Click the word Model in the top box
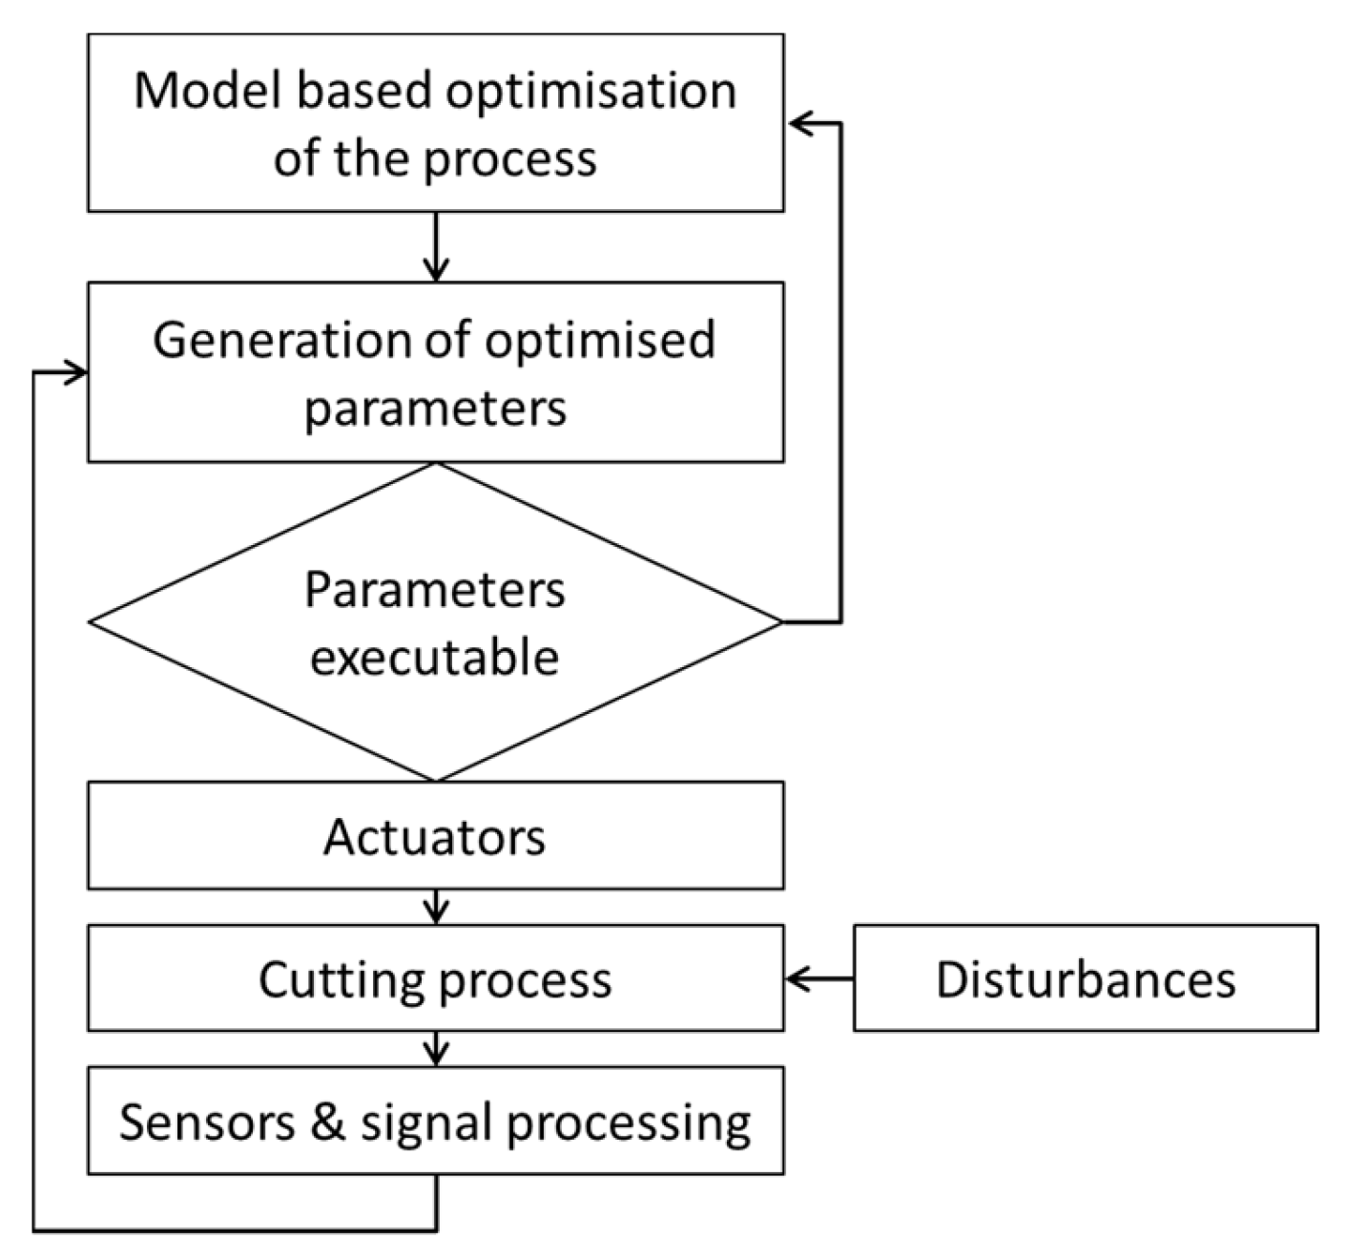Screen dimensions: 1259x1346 tap(209, 91)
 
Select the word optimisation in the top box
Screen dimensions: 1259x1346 tap(591, 93)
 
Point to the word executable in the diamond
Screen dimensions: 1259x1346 tap(435, 658)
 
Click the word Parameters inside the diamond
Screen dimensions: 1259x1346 tap(435, 591)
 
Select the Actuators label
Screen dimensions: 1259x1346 tap(435, 837)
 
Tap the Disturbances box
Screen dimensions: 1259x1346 tap(1086, 978)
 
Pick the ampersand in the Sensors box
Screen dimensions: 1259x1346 tap(327, 1122)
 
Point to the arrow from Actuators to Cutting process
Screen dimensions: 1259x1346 tap(436, 907)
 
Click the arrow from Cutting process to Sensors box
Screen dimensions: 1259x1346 tap(436, 1049)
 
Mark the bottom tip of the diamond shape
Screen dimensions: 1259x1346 tap(436, 780)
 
